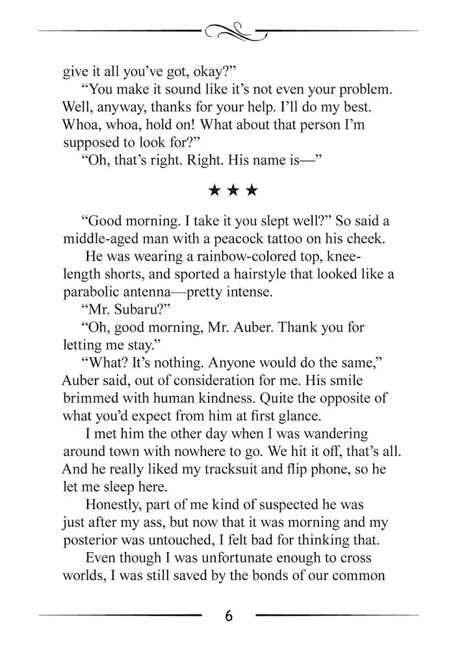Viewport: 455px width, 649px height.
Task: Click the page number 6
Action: [228, 615]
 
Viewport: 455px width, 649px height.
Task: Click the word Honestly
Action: [114, 504]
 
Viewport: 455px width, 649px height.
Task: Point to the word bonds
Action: [270, 576]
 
